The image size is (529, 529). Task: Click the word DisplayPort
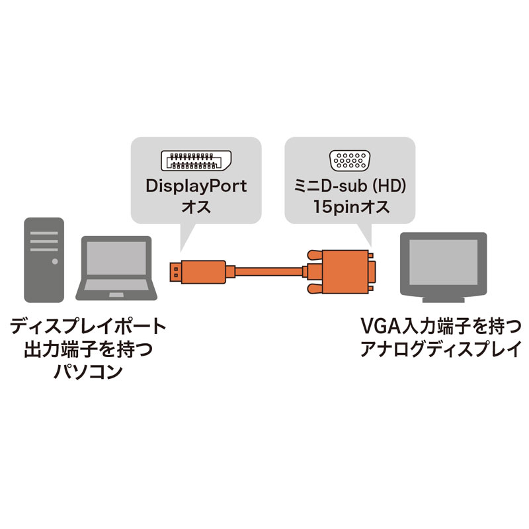(x=196, y=186)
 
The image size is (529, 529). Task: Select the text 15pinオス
(x=350, y=207)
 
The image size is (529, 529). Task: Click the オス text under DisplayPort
(x=196, y=207)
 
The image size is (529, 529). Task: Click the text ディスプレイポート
(x=87, y=326)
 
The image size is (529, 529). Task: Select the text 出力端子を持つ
(x=87, y=348)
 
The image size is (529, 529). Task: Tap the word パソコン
(x=87, y=371)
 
